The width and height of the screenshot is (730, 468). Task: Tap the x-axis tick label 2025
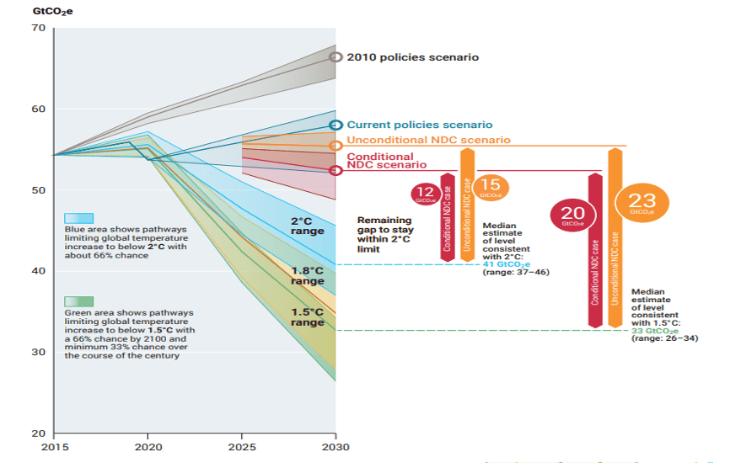(x=242, y=447)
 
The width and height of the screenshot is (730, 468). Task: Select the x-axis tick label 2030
(x=335, y=447)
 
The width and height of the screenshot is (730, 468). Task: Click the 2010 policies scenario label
(x=412, y=57)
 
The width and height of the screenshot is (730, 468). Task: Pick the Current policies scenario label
(x=420, y=125)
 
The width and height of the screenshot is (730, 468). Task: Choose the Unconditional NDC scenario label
(x=429, y=140)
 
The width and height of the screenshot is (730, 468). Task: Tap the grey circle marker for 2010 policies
(x=335, y=57)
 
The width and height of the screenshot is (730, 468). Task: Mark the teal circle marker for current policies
(x=335, y=125)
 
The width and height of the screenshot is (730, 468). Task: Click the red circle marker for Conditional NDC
(x=335, y=170)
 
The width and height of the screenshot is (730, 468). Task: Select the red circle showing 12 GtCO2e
(x=424, y=194)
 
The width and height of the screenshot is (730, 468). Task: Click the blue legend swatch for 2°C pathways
(x=78, y=219)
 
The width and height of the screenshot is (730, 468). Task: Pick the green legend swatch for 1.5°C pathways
(x=78, y=301)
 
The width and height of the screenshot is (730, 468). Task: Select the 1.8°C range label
(x=308, y=275)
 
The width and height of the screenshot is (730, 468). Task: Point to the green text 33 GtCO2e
(x=654, y=331)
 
